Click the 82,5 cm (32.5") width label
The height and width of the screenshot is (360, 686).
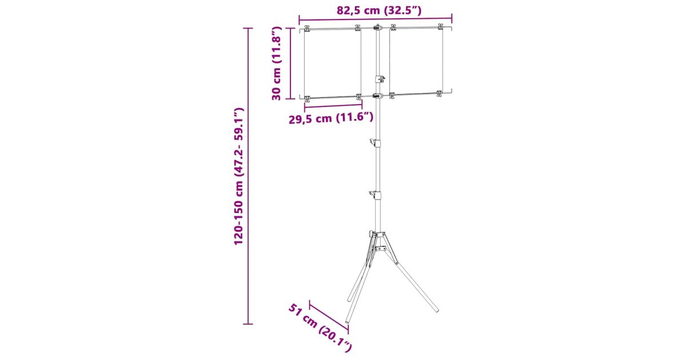coord(379,10)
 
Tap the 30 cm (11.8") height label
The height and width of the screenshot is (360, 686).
coord(276,63)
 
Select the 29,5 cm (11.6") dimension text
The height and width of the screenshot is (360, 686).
coord(331,118)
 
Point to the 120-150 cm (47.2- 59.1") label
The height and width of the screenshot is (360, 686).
coord(238,176)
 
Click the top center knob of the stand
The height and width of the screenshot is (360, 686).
coord(378,27)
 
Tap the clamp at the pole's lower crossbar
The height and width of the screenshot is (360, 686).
coord(378,96)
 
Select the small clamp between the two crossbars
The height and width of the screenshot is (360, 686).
coord(380,79)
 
